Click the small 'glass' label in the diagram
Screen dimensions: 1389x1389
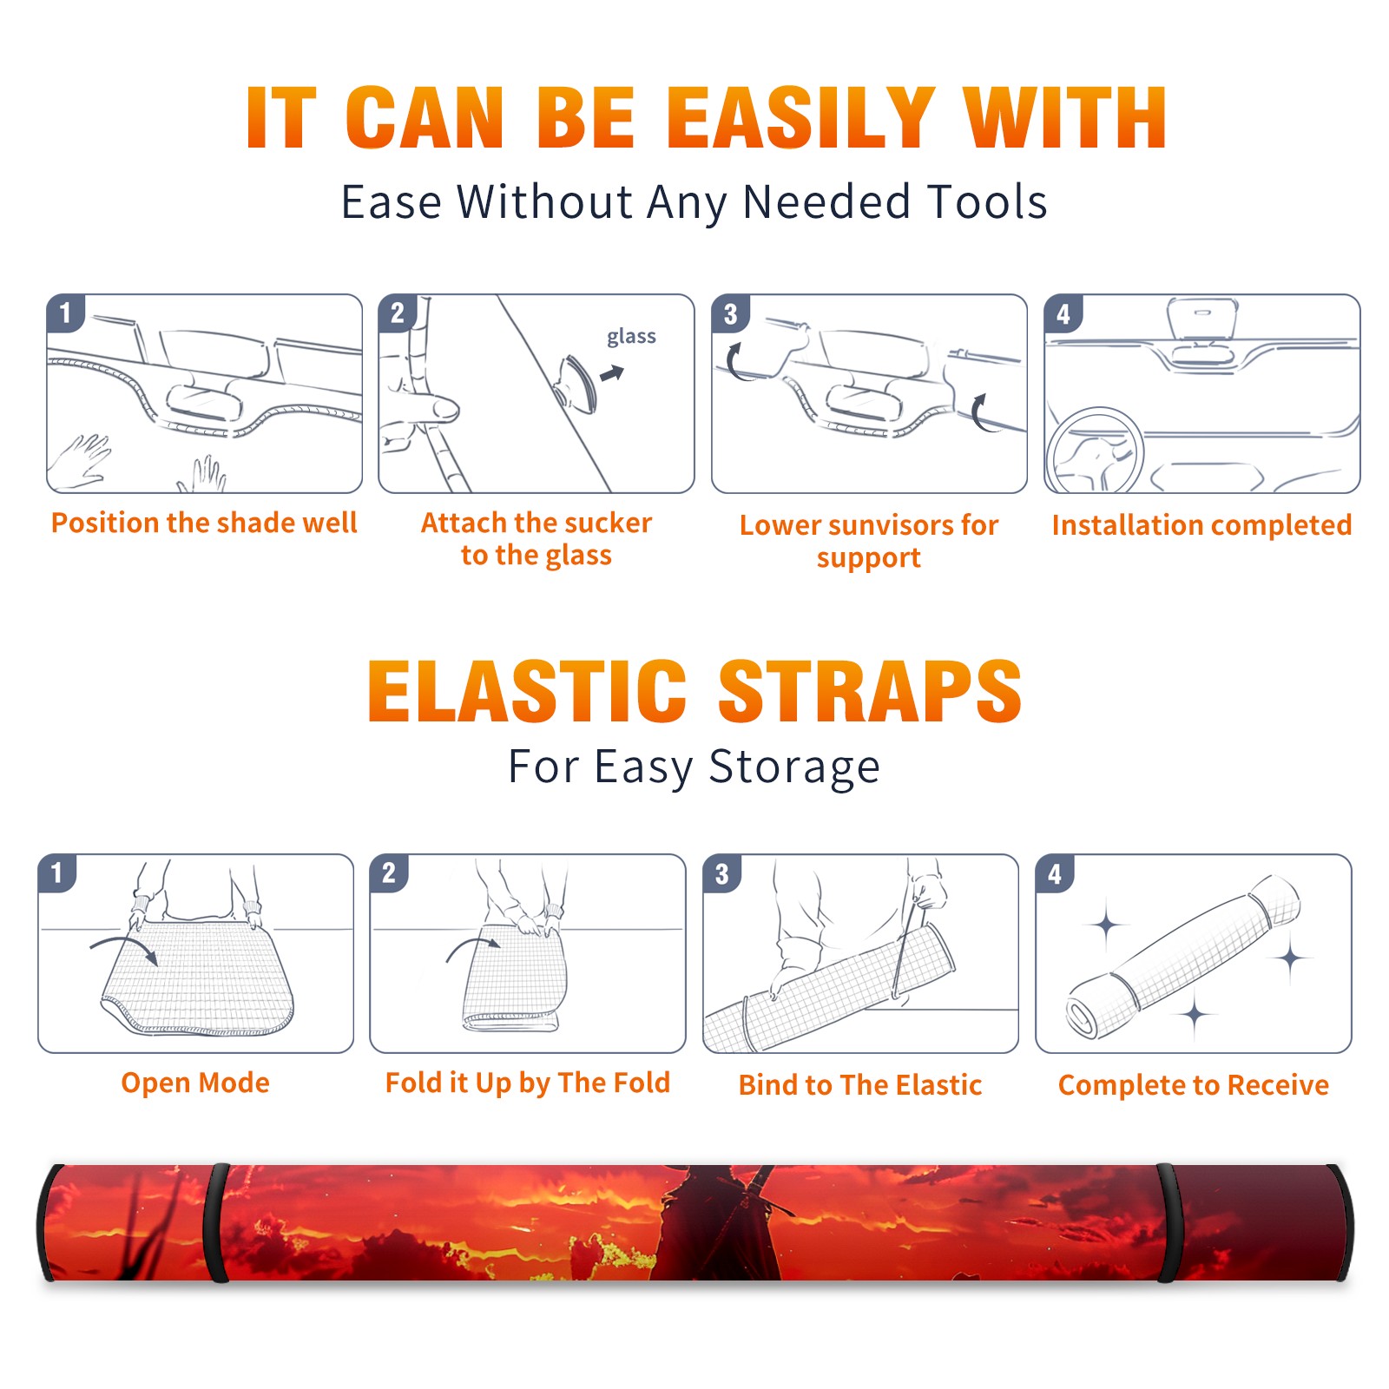[631, 337]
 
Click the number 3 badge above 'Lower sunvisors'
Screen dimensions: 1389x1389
[730, 314]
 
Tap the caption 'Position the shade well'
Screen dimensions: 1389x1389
[204, 523]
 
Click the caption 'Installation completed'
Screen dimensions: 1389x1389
[1201, 525]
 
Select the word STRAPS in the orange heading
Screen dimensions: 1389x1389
[870, 691]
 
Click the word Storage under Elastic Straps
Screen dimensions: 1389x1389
[794, 767]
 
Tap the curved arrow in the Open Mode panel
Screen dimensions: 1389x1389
[124, 949]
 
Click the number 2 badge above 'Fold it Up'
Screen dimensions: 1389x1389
[388, 873]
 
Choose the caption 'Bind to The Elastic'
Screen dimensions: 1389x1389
[860, 1085]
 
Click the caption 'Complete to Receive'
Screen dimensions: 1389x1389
[1194, 1085]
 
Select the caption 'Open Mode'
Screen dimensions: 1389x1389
[195, 1083]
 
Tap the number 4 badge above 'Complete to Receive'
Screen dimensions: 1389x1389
[1055, 873]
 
